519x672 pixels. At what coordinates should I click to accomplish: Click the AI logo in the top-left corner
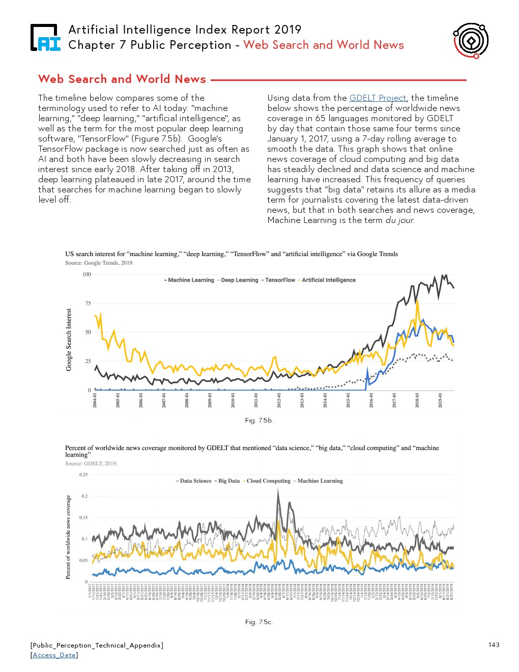point(45,38)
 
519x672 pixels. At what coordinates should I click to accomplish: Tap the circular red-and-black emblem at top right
point(471,40)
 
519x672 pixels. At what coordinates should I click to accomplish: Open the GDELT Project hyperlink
point(378,98)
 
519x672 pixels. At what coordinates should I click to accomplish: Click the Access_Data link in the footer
point(54,655)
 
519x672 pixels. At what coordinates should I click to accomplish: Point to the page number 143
point(494,645)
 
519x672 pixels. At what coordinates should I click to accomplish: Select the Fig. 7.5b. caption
point(259,421)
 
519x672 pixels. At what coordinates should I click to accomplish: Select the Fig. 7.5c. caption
point(259,622)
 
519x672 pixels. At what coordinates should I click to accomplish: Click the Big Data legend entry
point(228,481)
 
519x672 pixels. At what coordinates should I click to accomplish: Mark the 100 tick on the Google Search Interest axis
point(86,274)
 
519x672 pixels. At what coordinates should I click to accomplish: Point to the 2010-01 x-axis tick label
point(233,400)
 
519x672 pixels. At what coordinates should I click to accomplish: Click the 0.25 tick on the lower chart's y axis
point(83,474)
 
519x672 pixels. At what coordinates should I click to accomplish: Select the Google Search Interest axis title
point(69,340)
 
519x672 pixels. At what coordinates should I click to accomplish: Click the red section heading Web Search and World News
point(122,79)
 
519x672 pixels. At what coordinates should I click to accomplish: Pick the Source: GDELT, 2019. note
point(91,463)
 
